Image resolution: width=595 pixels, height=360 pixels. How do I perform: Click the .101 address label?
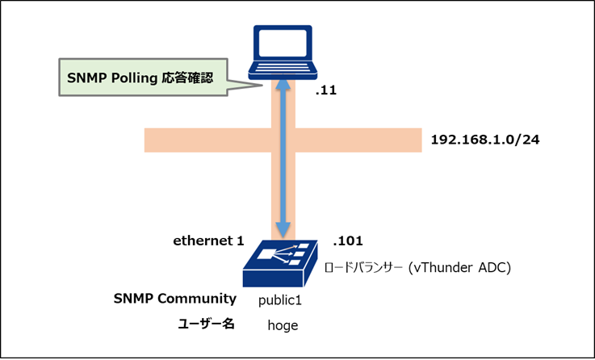coord(348,241)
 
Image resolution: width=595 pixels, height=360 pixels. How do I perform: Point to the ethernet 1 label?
coord(208,241)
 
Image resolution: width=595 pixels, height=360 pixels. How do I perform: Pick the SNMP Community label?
coord(175,299)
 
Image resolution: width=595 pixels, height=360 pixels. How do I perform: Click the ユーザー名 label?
coord(206,324)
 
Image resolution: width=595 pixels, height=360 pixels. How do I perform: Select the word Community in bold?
coord(197,299)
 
